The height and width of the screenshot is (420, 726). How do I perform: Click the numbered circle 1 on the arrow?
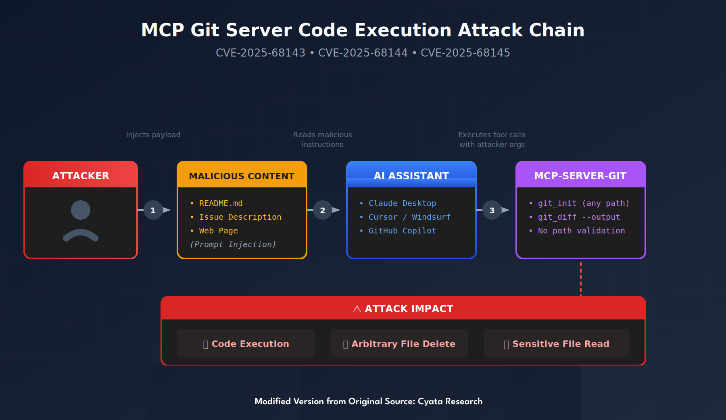(153, 210)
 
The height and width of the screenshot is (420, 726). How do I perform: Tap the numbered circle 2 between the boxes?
(322, 210)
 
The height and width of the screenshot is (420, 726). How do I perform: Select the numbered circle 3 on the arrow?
(492, 210)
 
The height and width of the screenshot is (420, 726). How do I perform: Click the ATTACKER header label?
(81, 176)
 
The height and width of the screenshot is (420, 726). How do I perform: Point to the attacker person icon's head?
(81, 210)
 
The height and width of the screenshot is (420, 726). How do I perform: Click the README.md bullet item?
(221, 203)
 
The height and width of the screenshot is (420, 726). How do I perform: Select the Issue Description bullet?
(240, 217)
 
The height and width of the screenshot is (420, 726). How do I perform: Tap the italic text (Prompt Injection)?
(233, 244)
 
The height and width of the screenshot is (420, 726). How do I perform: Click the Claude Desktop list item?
(402, 203)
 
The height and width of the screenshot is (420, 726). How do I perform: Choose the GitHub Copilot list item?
(402, 231)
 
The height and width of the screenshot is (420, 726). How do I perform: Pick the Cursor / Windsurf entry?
(409, 217)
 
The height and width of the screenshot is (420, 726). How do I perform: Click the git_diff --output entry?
(579, 217)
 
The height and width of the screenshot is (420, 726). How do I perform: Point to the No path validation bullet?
(581, 231)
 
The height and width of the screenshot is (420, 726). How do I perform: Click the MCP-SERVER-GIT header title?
(580, 176)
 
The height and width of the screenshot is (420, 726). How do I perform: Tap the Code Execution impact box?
(246, 343)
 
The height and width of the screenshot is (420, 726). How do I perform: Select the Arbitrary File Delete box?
(399, 343)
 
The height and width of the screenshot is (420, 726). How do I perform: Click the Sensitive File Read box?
(557, 343)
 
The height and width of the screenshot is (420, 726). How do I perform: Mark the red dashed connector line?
(581, 279)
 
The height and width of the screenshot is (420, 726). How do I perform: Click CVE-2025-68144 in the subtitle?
(363, 53)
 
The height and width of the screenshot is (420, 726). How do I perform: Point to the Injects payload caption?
(153, 135)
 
